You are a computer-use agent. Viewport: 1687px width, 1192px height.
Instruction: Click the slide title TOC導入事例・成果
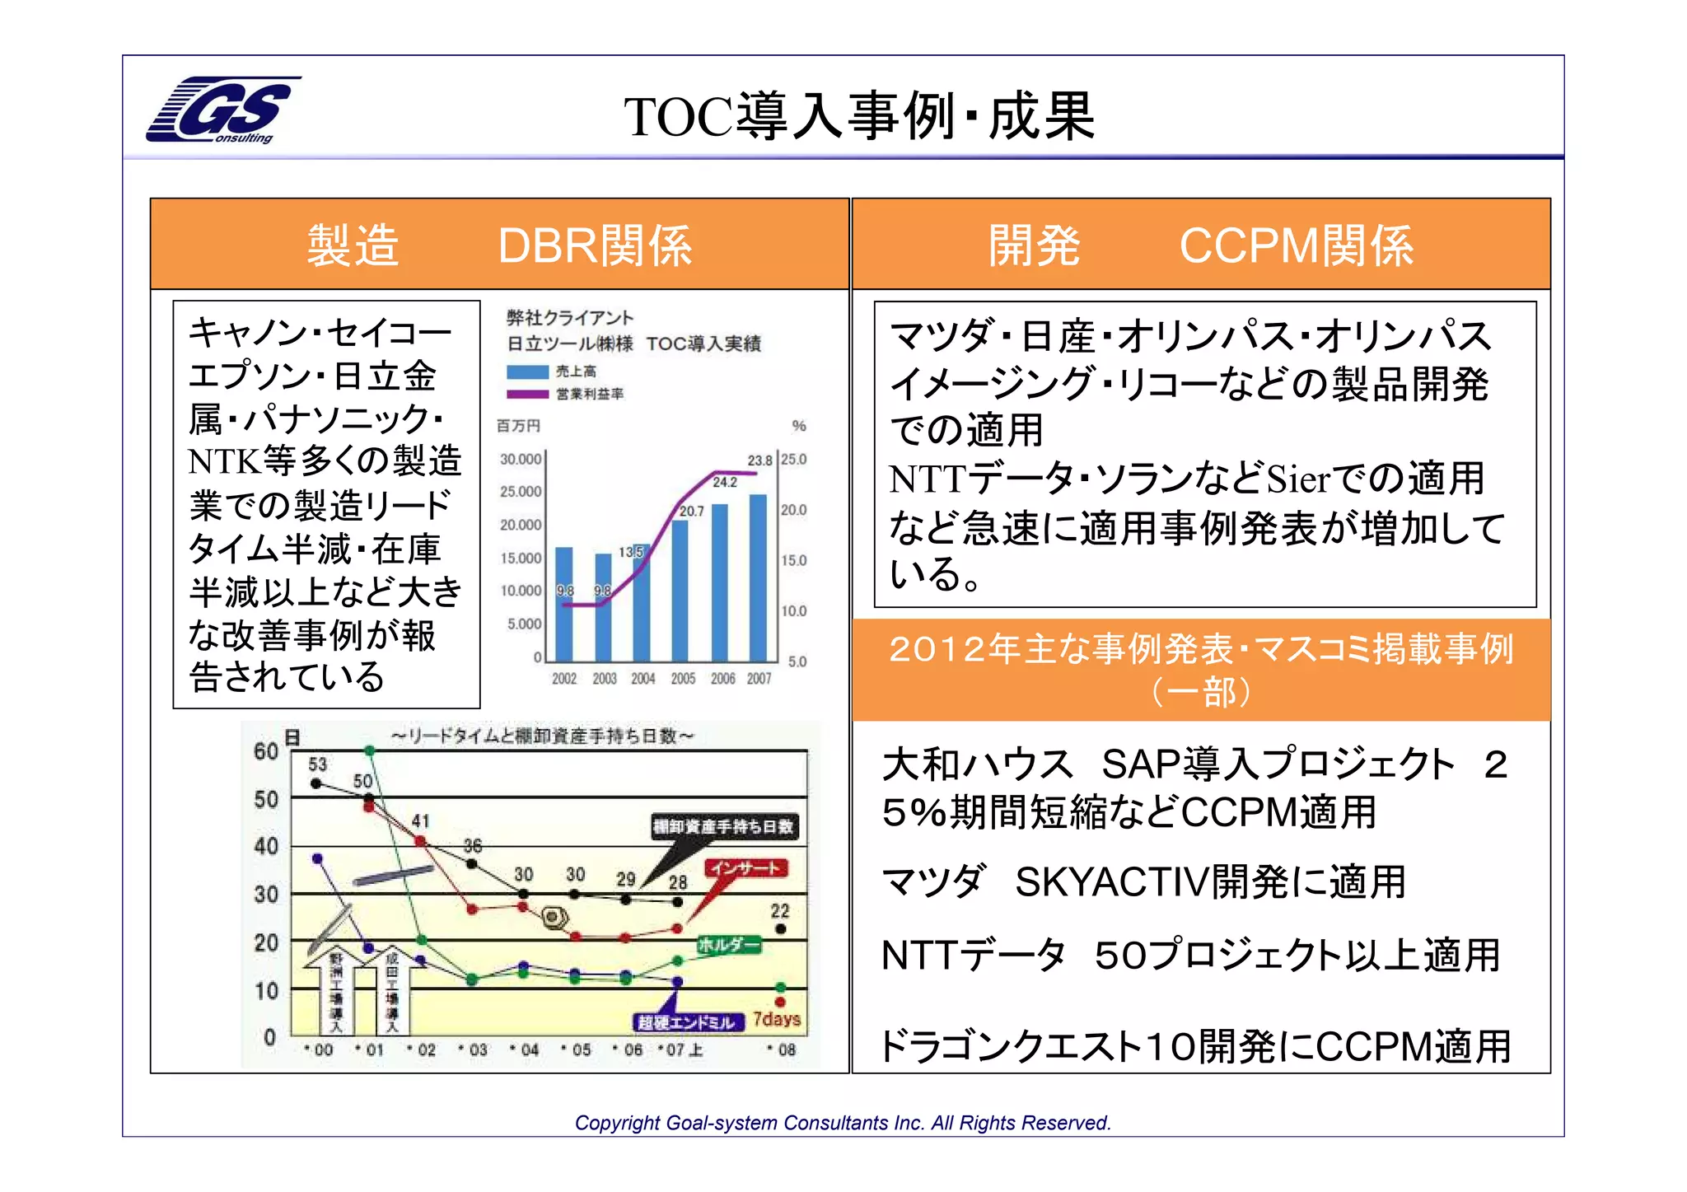tap(859, 116)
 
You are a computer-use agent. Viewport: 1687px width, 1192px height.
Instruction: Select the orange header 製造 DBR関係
tap(499, 245)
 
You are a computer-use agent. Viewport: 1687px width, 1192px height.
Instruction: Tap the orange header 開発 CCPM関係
tap(1200, 245)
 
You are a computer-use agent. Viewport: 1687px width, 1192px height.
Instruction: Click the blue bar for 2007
tap(758, 577)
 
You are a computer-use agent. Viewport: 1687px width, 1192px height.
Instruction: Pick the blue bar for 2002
tap(564, 604)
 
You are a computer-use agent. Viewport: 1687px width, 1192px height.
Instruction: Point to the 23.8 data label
tap(759, 460)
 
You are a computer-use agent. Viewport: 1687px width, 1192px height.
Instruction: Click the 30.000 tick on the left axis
tap(521, 459)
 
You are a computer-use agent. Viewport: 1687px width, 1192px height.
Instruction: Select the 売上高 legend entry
tap(576, 372)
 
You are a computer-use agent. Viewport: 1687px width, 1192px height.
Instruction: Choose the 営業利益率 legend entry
tap(589, 394)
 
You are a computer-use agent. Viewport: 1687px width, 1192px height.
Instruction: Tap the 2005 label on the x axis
tap(683, 679)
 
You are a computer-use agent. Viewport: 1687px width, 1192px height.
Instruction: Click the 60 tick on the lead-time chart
tap(266, 751)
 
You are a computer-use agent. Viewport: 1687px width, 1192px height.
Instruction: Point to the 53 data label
tap(317, 764)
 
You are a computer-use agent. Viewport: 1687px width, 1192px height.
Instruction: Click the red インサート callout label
tap(745, 868)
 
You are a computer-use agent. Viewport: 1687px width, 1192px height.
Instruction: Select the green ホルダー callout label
tap(729, 945)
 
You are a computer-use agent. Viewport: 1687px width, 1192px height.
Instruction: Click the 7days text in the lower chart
tap(777, 1019)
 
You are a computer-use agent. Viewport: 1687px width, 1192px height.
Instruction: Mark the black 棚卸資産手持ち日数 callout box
tap(724, 826)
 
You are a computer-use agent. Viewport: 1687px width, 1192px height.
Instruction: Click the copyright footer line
tap(843, 1123)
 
